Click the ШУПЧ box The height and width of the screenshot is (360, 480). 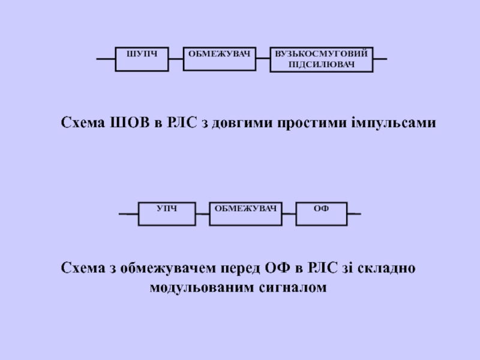pyautogui.click(x=141, y=59)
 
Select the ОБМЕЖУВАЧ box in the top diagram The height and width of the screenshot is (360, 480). pyautogui.click(x=219, y=59)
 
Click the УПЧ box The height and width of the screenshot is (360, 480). pyautogui.click(x=167, y=214)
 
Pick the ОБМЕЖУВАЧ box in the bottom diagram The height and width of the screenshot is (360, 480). pyautogui.click(x=245, y=214)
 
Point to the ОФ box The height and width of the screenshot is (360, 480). pyautogui.click(x=322, y=214)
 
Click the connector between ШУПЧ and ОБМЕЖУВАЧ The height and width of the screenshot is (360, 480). pyautogui.click(x=175, y=59)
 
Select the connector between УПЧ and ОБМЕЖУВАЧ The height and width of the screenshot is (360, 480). pyautogui.click(x=203, y=214)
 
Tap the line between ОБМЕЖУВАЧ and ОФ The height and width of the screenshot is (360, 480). pyautogui.click(x=289, y=214)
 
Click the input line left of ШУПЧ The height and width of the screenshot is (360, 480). pyautogui.click(x=106, y=59)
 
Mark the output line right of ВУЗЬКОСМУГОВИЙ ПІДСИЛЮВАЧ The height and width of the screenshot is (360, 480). pyautogui.click(x=380, y=59)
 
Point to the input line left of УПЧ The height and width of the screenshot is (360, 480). pyautogui.click(x=128, y=214)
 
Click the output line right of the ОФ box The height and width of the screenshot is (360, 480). pyautogui.click(x=354, y=214)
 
